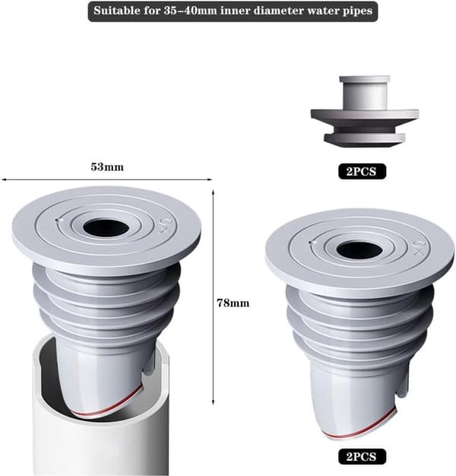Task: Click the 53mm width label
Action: pyautogui.click(x=107, y=167)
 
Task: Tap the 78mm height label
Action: pyautogui.click(x=233, y=303)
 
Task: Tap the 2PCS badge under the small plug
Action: pyautogui.click(x=362, y=171)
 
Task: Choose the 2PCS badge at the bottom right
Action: pyautogui.click(x=362, y=456)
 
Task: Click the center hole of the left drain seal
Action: pyautogui.click(x=105, y=227)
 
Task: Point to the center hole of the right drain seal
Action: pyautogui.click(x=359, y=250)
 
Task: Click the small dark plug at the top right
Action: pyautogui.click(x=365, y=112)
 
